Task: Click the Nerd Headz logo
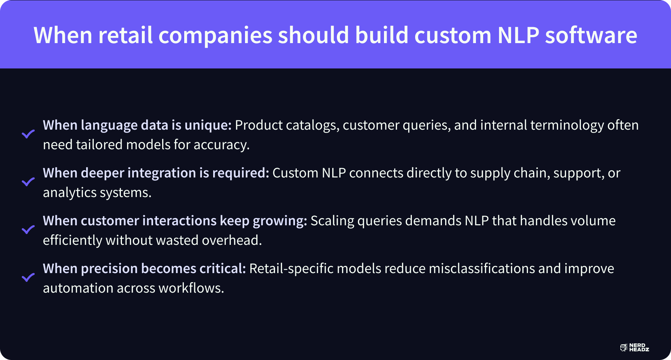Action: pyautogui.click(x=634, y=348)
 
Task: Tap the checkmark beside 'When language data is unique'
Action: pyautogui.click(x=28, y=134)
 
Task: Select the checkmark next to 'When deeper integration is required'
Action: pyautogui.click(x=28, y=182)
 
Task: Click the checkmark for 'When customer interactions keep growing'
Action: pyautogui.click(x=28, y=230)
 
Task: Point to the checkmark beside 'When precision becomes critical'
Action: pyautogui.click(x=28, y=277)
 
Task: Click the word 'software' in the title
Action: pyautogui.click(x=591, y=35)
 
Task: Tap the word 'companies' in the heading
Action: pyautogui.click(x=215, y=36)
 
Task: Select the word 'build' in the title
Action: pyautogui.click(x=381, y=35)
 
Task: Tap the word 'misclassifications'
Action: pyautogui.click(x=482, y=269)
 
